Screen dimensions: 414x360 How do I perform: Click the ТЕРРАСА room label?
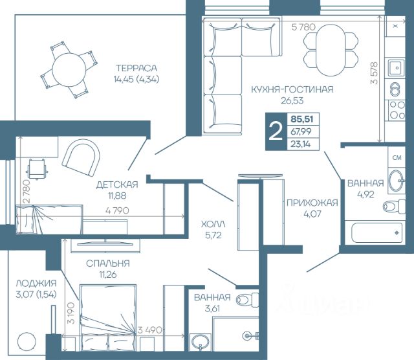(x=136, y=68)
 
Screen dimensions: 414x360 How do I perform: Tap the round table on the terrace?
(x=69, y=70)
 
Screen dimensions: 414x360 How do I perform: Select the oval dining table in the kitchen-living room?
(x=331, y=50)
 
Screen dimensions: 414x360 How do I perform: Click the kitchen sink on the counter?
(x=396, y=68)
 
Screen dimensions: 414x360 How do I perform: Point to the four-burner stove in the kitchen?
(x=397, y=110)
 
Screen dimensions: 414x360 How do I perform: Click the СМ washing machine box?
(x=397, y=157)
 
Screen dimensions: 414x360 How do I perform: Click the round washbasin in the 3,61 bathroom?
(x=201, y=342)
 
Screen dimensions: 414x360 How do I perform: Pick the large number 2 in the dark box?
(x=276, y=131)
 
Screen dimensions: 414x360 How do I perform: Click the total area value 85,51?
(x=302, y=119)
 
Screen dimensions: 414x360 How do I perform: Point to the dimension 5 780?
(x=303, y=27)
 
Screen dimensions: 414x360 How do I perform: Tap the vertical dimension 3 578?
(x=374, y=73)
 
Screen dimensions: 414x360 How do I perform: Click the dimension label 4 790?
(x=117, y=210)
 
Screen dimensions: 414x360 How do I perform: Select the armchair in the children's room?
(x=81, y=158)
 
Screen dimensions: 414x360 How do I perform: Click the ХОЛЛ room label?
(x=213, y=225)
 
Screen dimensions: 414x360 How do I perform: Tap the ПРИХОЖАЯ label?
(x=312, y=203)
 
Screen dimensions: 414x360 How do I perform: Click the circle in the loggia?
(x=27, y=341)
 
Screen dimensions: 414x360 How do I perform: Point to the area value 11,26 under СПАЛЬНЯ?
(x=108, y=275)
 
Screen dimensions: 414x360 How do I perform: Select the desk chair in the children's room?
(x=37, y=169)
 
